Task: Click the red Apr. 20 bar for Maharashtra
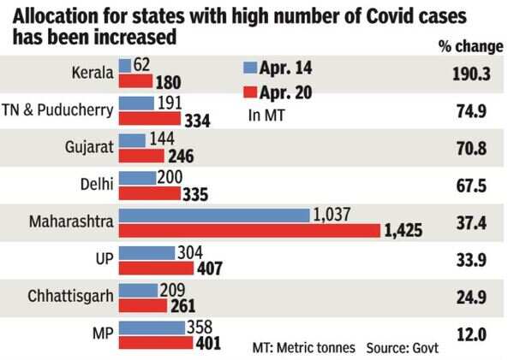click(248, 231)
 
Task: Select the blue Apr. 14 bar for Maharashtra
click(213, 215)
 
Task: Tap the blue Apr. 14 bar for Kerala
click(124, 65)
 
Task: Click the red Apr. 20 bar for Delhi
click(149, 193)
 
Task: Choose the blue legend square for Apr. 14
click(250, 65)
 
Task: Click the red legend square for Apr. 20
click(250, 90)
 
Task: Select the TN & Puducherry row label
click(60, 111)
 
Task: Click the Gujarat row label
click(87, 149)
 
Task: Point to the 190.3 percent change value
click(470, 74)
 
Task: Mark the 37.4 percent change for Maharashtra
click(470, 223)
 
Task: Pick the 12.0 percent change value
click(470, 335)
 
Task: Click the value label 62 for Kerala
click(140, 65)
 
